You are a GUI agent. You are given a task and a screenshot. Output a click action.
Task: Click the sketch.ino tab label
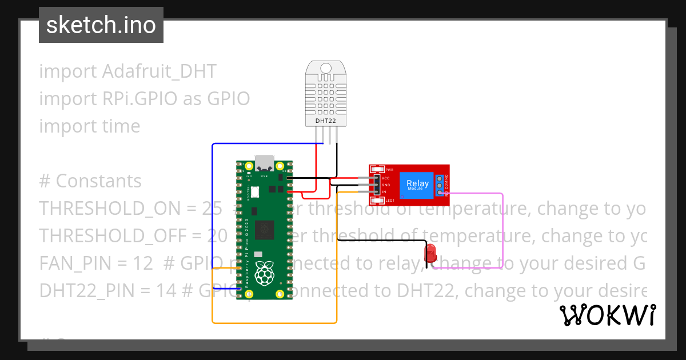coord(101,25)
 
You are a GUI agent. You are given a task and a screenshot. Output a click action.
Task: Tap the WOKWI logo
coord(607,315)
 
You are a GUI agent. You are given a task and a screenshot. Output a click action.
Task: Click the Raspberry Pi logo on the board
coord(264,274)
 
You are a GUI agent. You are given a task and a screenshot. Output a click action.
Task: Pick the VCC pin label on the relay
coord(385,178)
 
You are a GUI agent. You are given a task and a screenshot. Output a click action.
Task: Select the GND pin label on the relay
coord(385,185)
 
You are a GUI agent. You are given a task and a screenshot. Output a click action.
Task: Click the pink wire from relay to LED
coord(502,229)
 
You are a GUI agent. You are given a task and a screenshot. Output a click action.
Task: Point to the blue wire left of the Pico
coord(213,217)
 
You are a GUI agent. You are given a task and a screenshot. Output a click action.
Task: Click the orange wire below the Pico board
coord(274,323)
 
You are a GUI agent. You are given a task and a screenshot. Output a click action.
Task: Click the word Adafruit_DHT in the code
coord(159,71)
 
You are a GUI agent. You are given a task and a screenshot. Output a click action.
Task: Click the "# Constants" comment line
coord(90,181)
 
